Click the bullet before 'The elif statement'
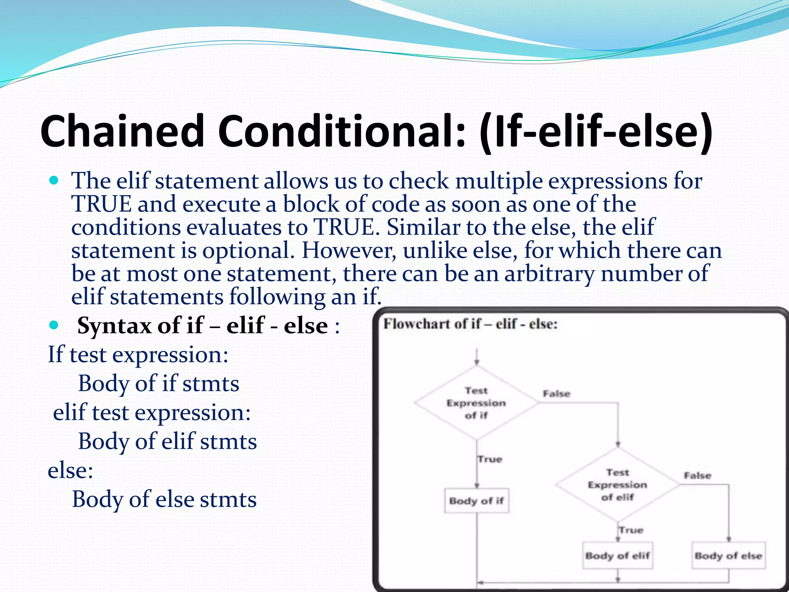pos(54,180)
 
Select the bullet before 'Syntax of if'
pos(54,325)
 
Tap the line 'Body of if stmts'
pos(158,383)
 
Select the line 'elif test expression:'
pos(152,412)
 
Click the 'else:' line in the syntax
pos(71,470)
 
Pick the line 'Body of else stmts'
pos(164,499)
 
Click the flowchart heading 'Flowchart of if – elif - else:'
pos(470,324)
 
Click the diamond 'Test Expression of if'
pos(476,403)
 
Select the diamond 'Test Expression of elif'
pos(617,484)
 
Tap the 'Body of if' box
pos(477,501)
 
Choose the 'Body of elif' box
pos(618,555)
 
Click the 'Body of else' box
pos(728,555)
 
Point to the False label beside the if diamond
pos(556,394)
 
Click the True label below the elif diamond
pos(631,530)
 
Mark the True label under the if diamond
pos(490,459)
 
